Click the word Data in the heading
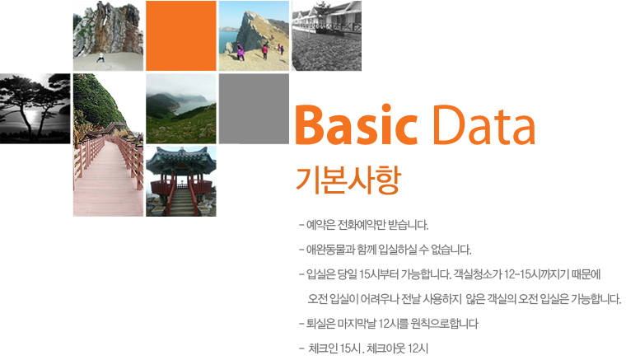[x=484, y=125]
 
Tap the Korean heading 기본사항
[x=348, y=180]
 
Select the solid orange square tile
[x=181, y=36]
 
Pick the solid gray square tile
[x=254, y=109]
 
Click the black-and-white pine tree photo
[x=35, y=109]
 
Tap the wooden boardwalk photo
[x=108, y=145]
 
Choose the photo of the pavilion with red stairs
[x=181, y=181]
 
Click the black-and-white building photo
[x=326, y=36]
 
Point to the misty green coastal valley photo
[x=181, y=109]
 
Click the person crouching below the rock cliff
[x=100, y=58]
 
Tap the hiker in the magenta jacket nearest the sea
[x=241, y=53]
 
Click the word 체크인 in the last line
[x=324, y=348]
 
